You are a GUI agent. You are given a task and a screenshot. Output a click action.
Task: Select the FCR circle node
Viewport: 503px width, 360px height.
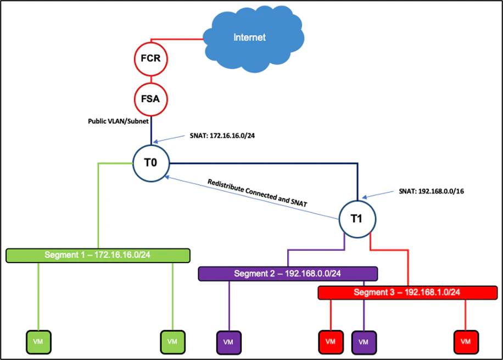click(150, 58)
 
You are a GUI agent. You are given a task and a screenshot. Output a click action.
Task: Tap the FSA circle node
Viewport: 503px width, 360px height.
click(150, 99)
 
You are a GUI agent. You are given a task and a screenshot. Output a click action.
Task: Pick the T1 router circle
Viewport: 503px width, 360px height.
click(357, 219)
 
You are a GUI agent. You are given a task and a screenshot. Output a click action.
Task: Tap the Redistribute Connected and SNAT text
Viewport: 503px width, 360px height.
click(257, 192)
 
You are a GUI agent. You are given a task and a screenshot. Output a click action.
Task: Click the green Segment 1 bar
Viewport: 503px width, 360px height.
click(98, 255)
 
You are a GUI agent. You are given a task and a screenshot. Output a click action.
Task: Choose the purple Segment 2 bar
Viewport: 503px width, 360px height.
click(288, 273)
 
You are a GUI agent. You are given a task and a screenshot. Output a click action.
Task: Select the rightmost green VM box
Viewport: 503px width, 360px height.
click(172, 341)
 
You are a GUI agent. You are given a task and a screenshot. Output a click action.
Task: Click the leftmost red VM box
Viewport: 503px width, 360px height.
click(331, 341)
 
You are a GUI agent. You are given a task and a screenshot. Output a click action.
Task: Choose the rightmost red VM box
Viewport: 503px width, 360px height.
click(466, 341)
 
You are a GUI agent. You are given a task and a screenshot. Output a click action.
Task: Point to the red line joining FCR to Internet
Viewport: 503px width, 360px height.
click(176, 39)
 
